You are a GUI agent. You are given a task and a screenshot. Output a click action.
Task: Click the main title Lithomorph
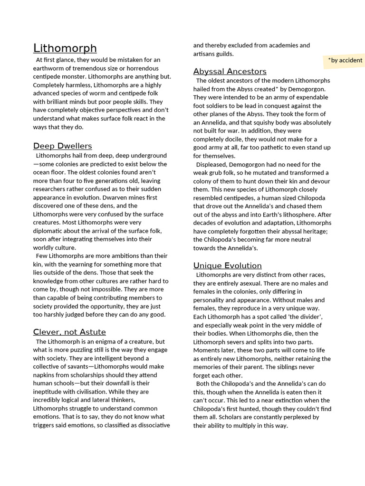pyautogui.click(x=65, y=48)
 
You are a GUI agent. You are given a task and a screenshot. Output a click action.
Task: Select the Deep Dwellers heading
pyautogui.click(x=63, y=146)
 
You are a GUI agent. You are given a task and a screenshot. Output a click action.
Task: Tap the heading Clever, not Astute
pyautogui.click(x=69, y=332)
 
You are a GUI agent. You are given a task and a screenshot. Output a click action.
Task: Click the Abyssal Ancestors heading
pyautogui.click(x=230, y=72)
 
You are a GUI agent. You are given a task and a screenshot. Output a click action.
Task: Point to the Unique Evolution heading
pyautogui.click(x=228, y=265)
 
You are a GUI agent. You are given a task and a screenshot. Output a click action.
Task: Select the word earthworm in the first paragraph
pyautogui.click(x=48, y=68)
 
